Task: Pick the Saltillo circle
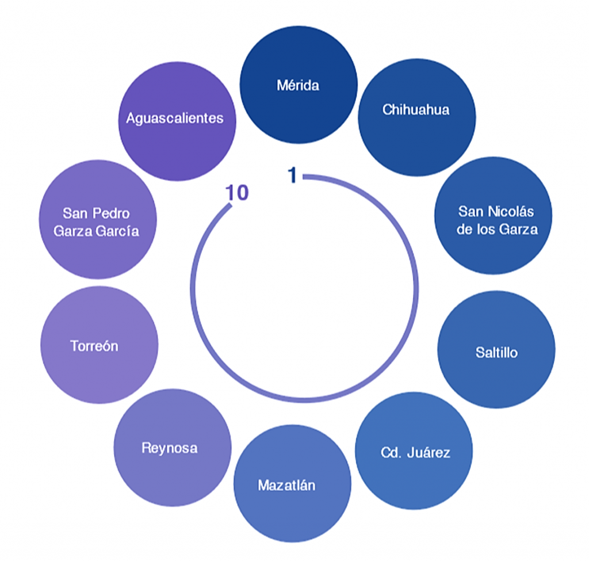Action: tap(496, 349)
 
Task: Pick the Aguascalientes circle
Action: tap(175, 121)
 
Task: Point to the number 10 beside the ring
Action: tap(237, 193)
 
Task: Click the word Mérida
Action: tap(298, 86)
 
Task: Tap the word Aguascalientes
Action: tap(175, 118)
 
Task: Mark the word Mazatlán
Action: tap(286, 485)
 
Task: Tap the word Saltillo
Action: tap(496, 352)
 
